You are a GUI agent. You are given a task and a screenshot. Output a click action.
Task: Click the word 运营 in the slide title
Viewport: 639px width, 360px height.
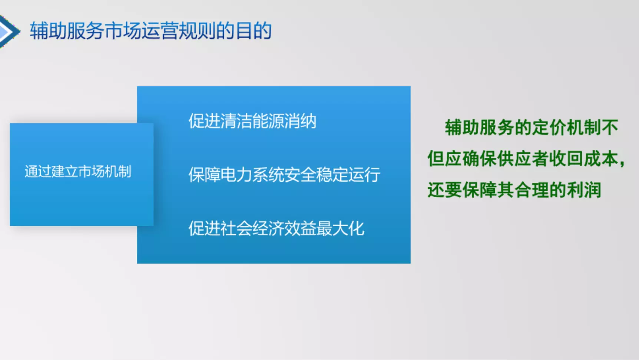160,31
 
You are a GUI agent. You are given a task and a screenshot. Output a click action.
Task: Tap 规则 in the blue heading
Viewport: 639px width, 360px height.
197,31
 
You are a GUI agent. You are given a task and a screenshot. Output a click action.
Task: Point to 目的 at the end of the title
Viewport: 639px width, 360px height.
254,31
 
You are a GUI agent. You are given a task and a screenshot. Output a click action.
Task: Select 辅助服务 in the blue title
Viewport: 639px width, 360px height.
67,31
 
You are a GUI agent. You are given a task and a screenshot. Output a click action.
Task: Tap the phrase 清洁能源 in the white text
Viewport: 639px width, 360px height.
252,121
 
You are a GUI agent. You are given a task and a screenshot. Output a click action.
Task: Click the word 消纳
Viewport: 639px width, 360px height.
301,121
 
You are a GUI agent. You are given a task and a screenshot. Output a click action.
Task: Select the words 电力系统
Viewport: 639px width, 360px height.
252,175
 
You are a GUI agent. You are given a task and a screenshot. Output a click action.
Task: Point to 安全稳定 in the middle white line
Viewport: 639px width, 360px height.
317,175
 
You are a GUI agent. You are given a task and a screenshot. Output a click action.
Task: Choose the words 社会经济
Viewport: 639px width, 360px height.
252,228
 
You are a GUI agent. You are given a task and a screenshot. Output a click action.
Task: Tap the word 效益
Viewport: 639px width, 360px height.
301,228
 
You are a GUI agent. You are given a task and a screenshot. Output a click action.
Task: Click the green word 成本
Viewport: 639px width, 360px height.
601,159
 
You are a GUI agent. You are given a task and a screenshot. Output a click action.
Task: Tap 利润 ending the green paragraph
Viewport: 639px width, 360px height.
584,190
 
